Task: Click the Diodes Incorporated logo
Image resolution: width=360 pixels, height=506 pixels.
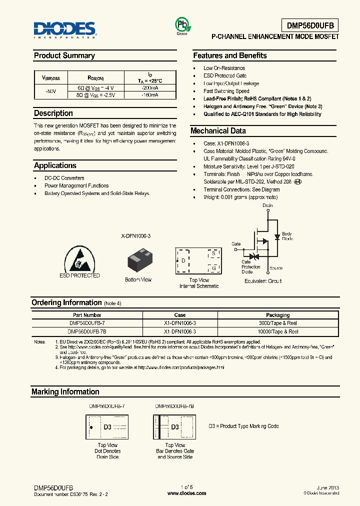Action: click(x=65, y=29)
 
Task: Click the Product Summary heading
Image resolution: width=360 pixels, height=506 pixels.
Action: click(x=64, y=55)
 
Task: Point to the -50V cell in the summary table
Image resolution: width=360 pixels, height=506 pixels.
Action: click(x=50, y=91)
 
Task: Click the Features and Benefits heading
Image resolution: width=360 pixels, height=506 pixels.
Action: click(x=230, y=55)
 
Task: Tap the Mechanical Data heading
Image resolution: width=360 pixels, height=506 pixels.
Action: click(x=218, y=131)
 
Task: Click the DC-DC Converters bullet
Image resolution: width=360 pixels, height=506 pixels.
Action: click(x=64, y=178)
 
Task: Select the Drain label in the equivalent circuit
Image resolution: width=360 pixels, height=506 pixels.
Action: click(x=267, y=205)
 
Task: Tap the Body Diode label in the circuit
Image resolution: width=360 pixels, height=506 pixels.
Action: click(x=287, y=236)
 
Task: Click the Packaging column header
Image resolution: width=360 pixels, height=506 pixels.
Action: click(x=277, y=315)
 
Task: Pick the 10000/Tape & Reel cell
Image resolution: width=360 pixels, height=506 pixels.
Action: click(x=277, y=331)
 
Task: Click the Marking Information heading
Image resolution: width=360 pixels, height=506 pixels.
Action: click(x=65, y=392)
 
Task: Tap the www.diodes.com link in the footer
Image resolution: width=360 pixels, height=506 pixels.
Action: click(x=186, y=493)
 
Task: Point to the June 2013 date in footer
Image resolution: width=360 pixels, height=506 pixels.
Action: click(x=328, y=487)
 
